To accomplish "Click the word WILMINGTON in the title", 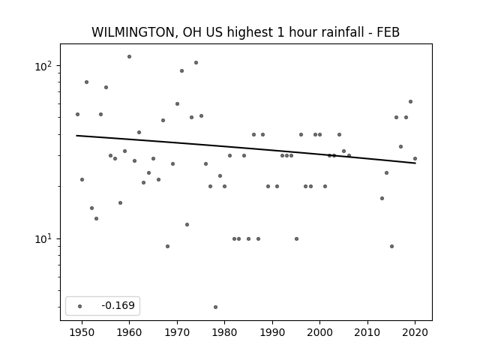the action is click(132, 32).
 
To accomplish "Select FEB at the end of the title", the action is click(388, 32).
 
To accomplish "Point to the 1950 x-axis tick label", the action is click(82, 333).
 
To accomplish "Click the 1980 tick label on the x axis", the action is click(224, 333).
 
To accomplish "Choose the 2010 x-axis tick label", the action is click(367, 333).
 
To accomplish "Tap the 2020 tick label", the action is click(415, 333).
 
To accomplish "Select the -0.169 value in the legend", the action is click(118, 305).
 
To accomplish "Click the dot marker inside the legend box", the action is click(80, 306).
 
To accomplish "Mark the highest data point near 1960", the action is click(129, 57).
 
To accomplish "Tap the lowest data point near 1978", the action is click(215, 307).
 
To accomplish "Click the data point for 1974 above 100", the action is click(196, 63).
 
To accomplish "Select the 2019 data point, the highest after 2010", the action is click(410, 102).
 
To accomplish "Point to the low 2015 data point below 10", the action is click(391, 247).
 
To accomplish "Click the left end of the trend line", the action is click(76, 135).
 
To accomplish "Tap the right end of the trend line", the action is click(415, 163).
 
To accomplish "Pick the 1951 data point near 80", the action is click(87, 82).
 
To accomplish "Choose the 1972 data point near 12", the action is click(187, 225).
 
